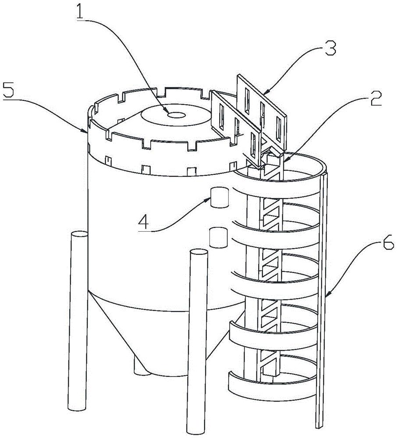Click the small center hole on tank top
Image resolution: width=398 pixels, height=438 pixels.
[x=178, y=115]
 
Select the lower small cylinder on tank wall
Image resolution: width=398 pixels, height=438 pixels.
[x=219, y=237]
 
